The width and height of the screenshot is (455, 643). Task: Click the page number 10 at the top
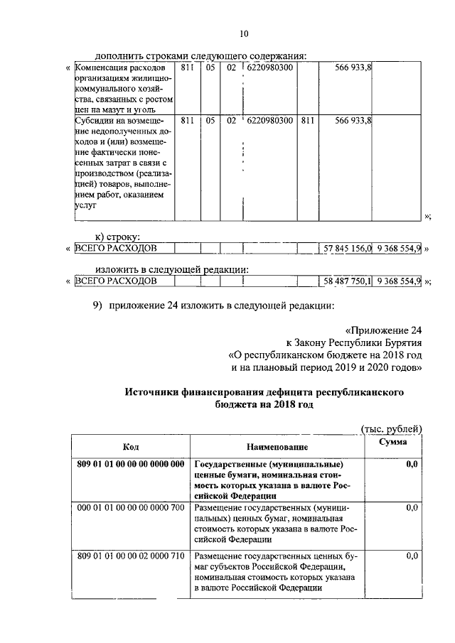coord(244,33)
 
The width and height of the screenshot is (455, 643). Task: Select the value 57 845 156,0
coord(348,249)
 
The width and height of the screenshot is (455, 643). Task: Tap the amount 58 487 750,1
coord(348,281)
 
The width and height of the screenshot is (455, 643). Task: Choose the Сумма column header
coord(392,442)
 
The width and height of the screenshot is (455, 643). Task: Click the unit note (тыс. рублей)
coord(391,428)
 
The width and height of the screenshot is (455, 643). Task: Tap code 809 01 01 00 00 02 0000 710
coord(130,556)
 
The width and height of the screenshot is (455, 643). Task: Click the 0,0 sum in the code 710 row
coord(411,556)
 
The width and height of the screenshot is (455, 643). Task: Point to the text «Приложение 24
coord(384,330)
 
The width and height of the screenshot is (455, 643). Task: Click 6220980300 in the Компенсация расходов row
coord(269,67)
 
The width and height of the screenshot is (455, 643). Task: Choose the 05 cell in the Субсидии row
coord(210,121)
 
